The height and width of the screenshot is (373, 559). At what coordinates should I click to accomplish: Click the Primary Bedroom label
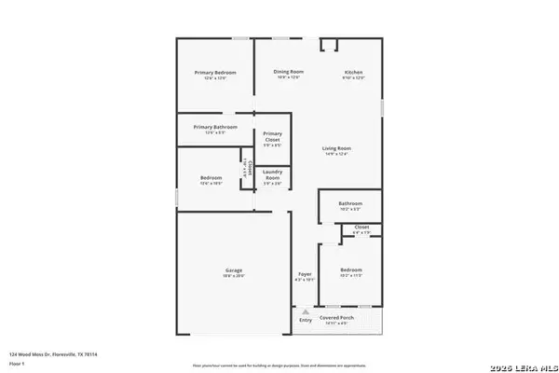pyautogui.click(x=215, y=73)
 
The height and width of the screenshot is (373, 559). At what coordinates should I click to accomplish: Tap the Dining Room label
pyautogui.click(x=289, y=72)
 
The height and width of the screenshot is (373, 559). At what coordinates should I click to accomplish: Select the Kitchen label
pyautogui.click(x=353, y=73)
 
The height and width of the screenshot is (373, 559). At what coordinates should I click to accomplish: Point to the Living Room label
pyautogui.click(x=336, y=148)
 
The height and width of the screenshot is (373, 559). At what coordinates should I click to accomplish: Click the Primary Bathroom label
pyautogui.click(x=215, y=127)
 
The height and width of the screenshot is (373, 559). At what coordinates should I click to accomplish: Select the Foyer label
pyautogui.click(x=305, y=274)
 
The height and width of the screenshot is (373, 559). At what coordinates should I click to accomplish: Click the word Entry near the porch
pyautogui.click(x=305, y=320)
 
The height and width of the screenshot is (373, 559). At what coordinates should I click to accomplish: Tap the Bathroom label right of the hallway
pyautogui.click(x=350, y=203)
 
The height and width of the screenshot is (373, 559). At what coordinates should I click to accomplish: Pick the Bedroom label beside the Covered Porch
pyautogui.click(x=350, y=270)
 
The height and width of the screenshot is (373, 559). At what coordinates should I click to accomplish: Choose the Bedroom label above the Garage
pyautogui.click(x=211, y=178)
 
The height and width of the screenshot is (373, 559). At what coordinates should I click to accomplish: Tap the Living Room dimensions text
pyautogui.click(x=336, y=154)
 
